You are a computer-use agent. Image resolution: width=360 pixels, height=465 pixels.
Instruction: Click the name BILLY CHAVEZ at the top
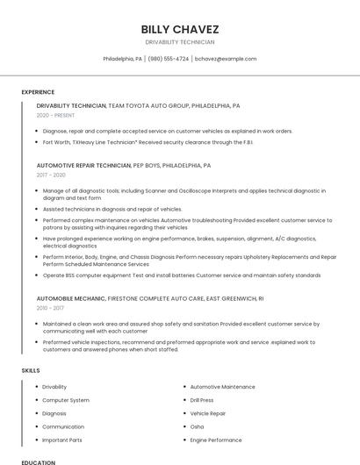click(x=179, y=29)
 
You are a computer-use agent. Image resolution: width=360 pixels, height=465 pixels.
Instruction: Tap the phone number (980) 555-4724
click(x=169, y=59)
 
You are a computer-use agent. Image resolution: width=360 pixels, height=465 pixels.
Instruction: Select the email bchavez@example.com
click(x=226, y=59)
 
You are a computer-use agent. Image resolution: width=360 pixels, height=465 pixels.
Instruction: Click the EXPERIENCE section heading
click(x=38, y=92)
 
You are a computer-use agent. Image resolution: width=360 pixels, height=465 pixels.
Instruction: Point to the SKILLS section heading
click(x=31, y=370)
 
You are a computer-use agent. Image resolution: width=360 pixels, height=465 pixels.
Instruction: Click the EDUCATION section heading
click(x=38, y=461)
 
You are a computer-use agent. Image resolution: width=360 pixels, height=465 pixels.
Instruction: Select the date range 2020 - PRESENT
click(x=55, y=115)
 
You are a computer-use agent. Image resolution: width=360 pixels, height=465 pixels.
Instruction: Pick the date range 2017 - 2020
click(x=51, y=175)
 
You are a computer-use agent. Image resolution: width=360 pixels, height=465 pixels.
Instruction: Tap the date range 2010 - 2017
click(x=50, y=308)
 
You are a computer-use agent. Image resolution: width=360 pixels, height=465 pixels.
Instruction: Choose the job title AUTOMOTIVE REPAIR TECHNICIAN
click(x=83, y=165)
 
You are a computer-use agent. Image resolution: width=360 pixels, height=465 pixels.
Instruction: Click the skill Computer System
click(x=66, y=400)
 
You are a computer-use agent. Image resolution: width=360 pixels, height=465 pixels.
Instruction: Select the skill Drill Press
click(x=202, y=400)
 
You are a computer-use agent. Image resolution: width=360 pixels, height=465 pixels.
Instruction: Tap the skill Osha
click(x=197, y=426)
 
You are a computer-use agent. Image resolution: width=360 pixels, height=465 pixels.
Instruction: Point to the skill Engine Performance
click(x=216, y=440)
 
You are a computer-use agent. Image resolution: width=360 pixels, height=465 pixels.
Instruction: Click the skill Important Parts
click(x=62, y=440)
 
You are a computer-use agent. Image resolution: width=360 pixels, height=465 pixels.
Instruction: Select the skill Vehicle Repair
click(x=208, y=413)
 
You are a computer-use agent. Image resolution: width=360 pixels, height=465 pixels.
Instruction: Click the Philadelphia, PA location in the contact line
click(x=122, y=59)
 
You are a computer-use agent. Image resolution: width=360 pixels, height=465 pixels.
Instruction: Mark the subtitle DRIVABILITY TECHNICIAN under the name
click(x=179, y=42)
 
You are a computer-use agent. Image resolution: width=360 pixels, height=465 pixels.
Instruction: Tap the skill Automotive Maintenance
click(x=222, y=387)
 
